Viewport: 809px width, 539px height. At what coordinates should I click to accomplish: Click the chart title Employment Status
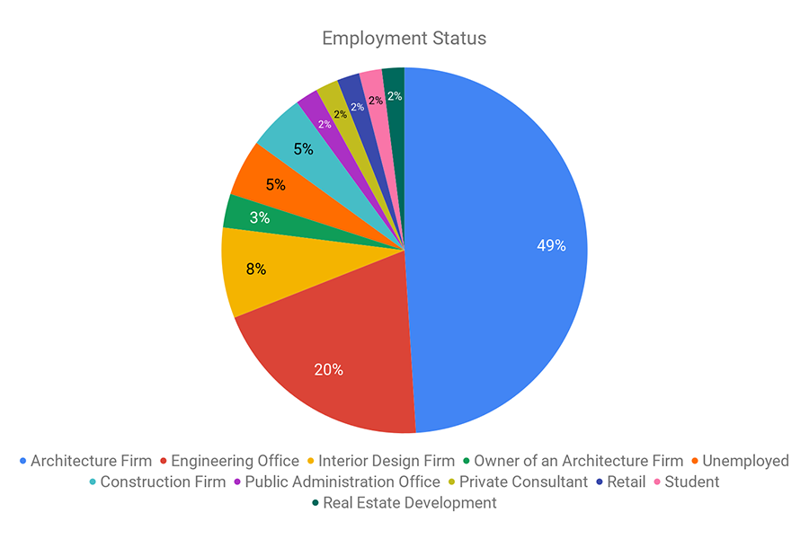pos(404,39)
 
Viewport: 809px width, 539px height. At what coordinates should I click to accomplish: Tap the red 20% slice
pos(333,359)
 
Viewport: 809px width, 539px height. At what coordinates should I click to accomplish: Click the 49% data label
pos(550,244)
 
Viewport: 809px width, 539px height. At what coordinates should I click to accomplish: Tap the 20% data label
pos(328,369)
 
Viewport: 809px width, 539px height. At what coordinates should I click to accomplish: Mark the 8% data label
pos(256,269)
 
